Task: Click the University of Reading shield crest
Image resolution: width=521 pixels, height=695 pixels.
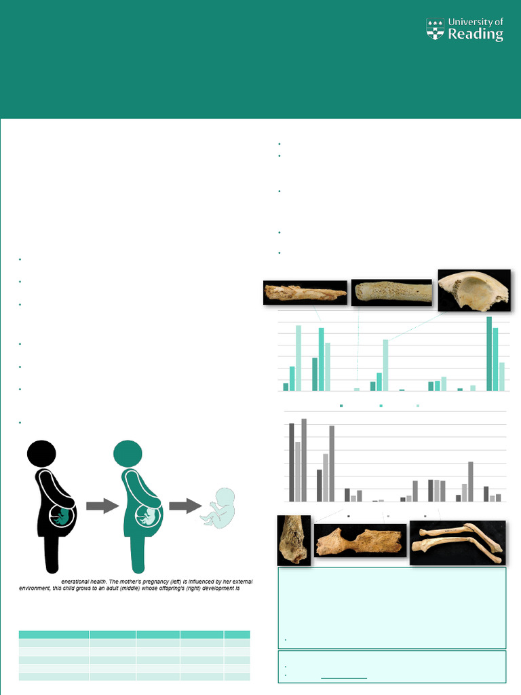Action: (x=435, y=29)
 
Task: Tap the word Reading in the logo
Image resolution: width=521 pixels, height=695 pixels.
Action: (x=476, y=35)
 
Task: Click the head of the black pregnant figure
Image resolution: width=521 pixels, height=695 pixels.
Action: (x=41, y=453)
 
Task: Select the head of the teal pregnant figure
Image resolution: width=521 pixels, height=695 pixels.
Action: (x=128, y=453)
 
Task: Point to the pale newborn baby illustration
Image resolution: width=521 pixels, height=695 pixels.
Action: (x=218, y=507)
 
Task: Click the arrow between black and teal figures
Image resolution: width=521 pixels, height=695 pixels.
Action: (x=102, y=506)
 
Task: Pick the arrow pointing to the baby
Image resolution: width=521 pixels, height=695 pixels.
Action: (x=185, y=506)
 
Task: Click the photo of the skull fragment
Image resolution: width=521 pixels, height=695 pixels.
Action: (x=474, y=290)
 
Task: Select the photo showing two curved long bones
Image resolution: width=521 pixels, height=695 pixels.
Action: (x=457, y=542)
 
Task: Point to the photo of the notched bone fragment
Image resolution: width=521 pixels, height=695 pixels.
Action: (x=360, y=540)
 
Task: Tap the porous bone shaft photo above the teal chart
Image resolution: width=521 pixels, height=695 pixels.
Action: (x=391, y=293)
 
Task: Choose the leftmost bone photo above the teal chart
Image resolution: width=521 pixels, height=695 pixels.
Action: (x=305, y=293)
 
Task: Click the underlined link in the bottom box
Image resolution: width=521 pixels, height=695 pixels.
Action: (x=343, y=676)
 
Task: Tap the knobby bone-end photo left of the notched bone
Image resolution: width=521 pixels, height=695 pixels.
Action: (x=294, y=540)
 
